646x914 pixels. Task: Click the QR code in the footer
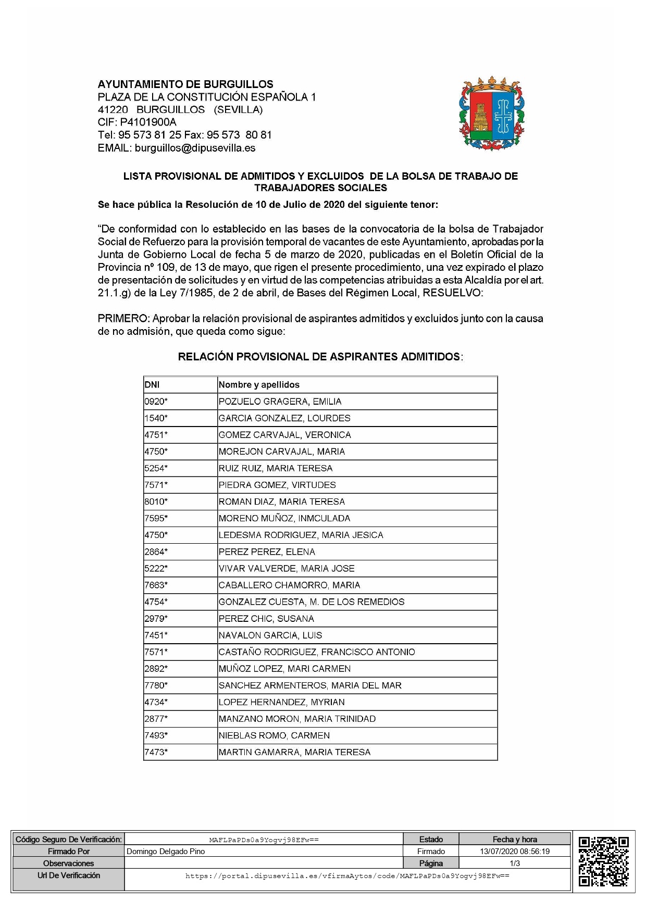point(603,861)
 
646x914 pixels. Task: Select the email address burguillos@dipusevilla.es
point(195,148)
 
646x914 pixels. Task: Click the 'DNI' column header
point(152,385)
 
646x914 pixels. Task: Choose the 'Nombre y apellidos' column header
point(259,385)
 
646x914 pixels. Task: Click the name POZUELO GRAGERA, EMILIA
point(280,402)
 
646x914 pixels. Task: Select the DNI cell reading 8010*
point(156,502)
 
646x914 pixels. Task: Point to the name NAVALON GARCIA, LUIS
point(270,635)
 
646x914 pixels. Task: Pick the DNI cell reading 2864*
point(156,552)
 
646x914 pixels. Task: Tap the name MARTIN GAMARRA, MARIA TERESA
point(294,752)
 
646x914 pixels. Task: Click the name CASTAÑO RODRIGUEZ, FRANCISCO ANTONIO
point(317,652)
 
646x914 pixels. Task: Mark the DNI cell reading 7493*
point(156,735)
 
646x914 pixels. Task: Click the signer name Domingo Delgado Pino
point(166,852)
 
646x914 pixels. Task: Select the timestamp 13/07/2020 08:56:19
point(515,852)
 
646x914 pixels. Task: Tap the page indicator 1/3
point(515,863)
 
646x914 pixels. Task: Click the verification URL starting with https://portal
point(347,876)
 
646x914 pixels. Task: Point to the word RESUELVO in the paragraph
point(452,293)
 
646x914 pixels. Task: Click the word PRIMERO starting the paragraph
point(123,318)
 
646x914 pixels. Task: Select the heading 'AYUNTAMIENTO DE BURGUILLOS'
point(185,84)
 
